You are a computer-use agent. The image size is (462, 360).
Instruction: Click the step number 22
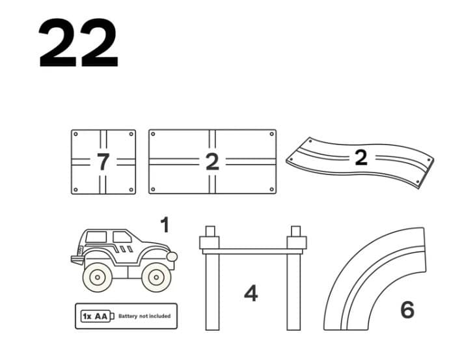[78, 44]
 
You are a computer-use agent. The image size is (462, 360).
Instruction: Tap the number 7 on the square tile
[103, 161]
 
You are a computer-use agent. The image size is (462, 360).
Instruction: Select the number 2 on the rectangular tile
[212, 161]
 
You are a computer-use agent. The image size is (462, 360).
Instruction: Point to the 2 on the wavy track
[361, 157]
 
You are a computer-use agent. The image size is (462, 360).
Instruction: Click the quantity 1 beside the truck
[164, 225]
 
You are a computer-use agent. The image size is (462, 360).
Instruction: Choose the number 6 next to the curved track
[407, 309]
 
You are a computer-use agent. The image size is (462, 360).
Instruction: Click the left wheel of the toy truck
[98, 277]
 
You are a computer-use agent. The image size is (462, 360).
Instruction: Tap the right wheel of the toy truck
[155, 277]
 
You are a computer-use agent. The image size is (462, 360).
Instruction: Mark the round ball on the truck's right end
[172, 256]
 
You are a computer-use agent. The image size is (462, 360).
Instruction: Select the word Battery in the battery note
[128, 316]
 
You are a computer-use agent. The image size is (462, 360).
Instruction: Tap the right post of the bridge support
[293, 286]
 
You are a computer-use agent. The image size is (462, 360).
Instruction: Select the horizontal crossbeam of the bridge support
[252, 250]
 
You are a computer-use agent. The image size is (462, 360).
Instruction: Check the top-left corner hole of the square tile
[76, 134]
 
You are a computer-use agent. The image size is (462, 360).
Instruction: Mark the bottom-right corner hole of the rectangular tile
[271, 189]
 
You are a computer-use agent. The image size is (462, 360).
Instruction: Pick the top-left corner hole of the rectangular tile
[154, 134]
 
